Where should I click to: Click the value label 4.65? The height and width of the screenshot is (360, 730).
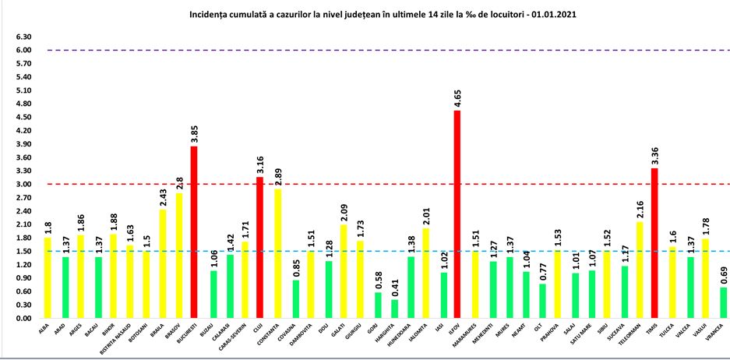coord(457,98)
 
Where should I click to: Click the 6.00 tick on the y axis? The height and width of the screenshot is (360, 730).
coord(23,51)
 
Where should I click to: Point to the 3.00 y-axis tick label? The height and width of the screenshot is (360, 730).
coord(23,185)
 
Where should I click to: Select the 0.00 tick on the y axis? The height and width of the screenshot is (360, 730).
coord(23,319)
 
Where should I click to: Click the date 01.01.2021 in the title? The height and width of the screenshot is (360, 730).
coord(557,15)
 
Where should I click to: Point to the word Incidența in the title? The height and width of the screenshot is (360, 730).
coord(210,15)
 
